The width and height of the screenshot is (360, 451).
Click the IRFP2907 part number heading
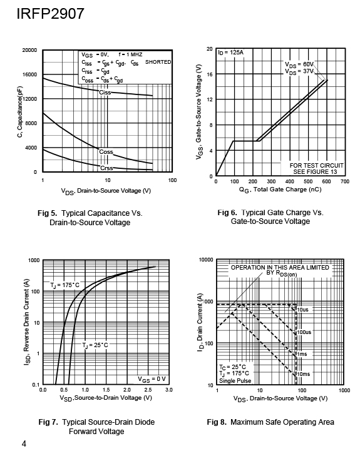[50, 14]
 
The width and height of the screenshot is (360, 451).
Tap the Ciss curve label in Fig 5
[105, 93]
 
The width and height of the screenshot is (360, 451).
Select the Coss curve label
[106, 151]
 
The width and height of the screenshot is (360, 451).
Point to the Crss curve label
[106, 168]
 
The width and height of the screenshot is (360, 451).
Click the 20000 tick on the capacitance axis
[29, 50]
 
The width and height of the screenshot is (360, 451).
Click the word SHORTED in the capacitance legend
[158, 62]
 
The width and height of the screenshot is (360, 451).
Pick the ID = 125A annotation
[230, 53]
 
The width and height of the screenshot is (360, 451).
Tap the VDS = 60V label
[299, 64]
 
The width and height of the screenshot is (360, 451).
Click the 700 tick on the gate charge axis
[345, 181]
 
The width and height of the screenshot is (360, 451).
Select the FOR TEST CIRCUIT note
[317, 166]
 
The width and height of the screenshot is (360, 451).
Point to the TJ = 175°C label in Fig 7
[65, 285]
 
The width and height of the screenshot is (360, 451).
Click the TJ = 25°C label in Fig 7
[95, 345]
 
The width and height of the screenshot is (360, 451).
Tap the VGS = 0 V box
[152, 379]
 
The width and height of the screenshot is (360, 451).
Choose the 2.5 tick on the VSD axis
[148, 390]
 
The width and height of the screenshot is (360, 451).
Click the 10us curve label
[302, 310]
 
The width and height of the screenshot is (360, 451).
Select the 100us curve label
[304, 332]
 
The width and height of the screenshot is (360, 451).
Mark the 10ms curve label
[304, 374]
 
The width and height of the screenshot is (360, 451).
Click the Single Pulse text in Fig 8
[235, 381]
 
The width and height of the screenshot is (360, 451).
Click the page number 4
[24, 443]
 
